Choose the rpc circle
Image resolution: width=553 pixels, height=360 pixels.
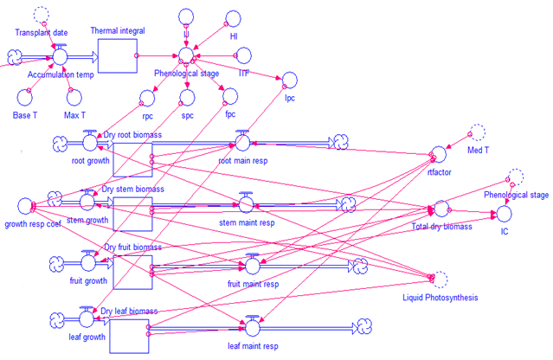pos(147,98)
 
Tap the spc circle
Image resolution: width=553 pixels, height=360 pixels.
pos(187,97)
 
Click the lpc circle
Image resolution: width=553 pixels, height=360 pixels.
pos(289,80)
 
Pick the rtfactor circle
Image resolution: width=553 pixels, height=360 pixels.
pos(438,154)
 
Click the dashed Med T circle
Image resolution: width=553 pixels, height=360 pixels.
pos(478,132)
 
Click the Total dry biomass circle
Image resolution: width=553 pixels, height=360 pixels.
pos(441,209)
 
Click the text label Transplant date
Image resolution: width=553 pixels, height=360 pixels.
pos(41,33)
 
